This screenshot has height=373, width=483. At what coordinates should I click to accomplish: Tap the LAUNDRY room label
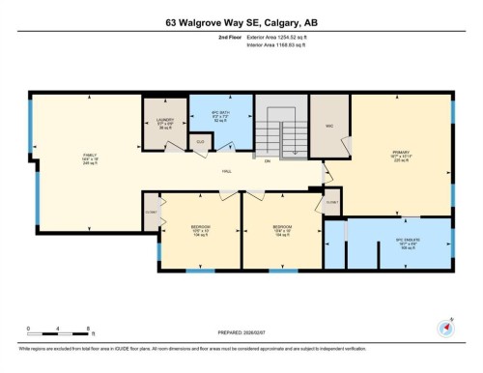(x=164, y=124)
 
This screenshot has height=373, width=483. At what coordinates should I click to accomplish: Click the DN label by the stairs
(x=267, y=161)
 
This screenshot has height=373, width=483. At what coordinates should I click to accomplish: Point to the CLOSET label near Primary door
(x=331, y=203)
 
